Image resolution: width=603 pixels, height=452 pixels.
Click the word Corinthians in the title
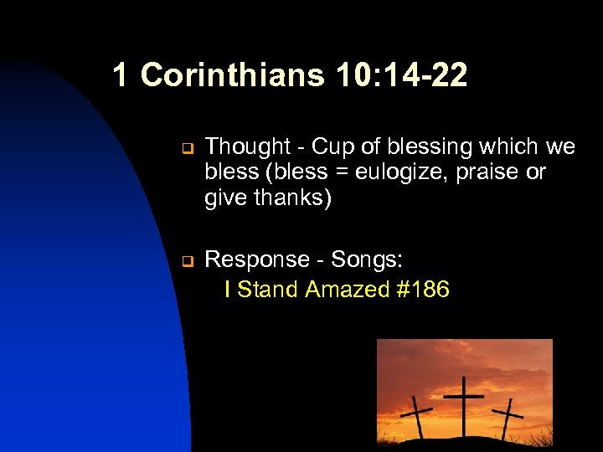coord(232,75)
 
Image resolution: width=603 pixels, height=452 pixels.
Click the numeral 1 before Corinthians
coord(121,75)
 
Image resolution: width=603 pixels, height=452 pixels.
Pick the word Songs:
coord(365,259)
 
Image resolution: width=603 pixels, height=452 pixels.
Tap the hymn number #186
coord(421,290)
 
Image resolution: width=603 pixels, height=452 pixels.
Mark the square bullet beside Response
coord(188,261)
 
